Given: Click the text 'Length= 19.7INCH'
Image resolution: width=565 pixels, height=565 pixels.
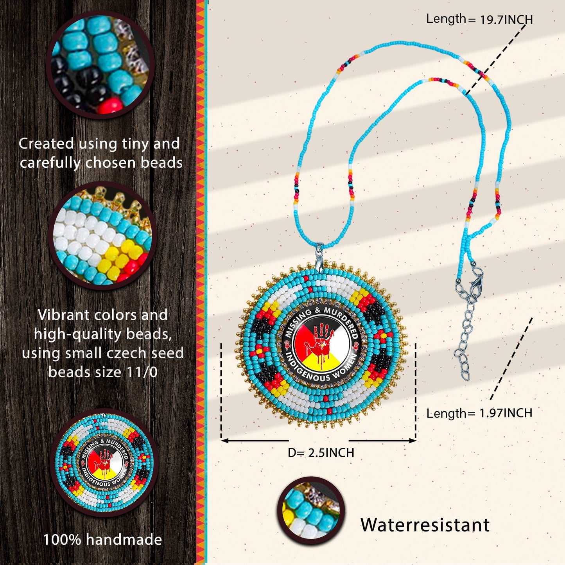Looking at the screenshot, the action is [x=479, y=19].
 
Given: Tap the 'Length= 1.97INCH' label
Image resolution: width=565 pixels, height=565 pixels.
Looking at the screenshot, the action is [x=479, y=413].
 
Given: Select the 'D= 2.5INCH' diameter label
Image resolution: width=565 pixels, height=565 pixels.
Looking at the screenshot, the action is [x=321, y=453].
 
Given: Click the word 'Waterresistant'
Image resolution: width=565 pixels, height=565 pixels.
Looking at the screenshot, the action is [x=425, y=525].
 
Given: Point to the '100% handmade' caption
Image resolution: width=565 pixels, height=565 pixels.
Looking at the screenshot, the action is [x=102, y=540].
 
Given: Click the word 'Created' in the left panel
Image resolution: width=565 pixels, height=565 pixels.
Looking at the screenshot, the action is [x=46, y=143].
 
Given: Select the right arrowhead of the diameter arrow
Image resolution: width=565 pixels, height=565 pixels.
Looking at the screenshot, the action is [x=414, y=440].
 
